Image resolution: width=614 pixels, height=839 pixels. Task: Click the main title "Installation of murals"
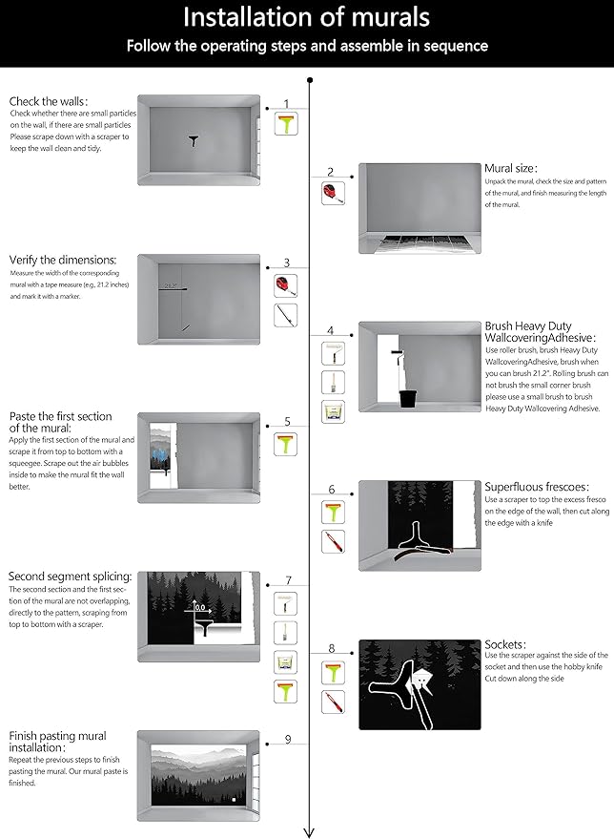tap(306, 16)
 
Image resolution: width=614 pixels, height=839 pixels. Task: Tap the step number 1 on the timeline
tap(286, 103)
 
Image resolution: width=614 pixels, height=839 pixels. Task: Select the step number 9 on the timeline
tap(286, 740)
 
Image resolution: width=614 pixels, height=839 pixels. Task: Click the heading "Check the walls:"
tap(49, 101)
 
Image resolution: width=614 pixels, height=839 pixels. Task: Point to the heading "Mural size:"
tap(511, 168)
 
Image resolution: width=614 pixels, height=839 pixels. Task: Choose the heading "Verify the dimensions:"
tap(63, 260)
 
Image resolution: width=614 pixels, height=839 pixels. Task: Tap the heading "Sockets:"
tap(505, 644)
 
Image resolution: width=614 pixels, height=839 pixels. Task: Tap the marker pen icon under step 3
tap(286, 316)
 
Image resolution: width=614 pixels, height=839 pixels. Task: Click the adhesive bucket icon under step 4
tap(332, 412)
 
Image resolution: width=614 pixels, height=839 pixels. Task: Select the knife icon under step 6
tap(332, 543)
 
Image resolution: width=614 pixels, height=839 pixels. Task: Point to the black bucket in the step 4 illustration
tap(408, 396)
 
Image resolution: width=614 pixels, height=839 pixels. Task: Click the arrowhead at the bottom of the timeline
tap(309, 830)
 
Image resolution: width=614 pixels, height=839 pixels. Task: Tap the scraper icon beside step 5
tap(286, 444)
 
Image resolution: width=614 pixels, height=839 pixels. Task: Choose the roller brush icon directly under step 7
tap(286, 603)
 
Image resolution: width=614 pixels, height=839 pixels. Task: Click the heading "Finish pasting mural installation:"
tap(57, 742)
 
